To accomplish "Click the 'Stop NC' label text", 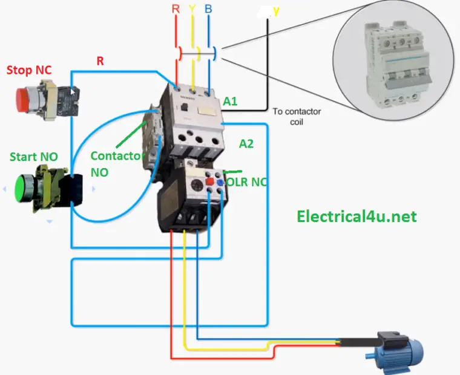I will tap(28, 70).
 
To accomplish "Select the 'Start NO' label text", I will tap(33, 157).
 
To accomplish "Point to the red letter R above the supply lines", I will tap(176, 10).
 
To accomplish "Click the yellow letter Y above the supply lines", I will tap(193, 10).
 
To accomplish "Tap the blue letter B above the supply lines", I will tap(208, 10).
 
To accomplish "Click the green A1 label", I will tap(230, 102).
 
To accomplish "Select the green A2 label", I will tap(246, 144).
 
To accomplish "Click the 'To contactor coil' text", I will tap(297, 116).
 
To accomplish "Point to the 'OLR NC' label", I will tap(246, 181).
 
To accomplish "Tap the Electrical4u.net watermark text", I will tap(356, 216).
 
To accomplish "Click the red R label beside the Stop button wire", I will tap(100, 61).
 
